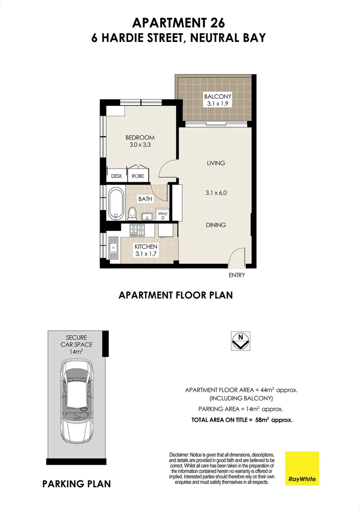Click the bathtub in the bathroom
(x=116, y=203)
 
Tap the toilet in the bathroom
(x=132, y=214)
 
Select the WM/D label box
(x=163, y=215)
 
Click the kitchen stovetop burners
(x=137, y=230)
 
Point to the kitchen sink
(x=113, y=247)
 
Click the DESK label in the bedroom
(x=116, y=176)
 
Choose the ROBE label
(x=138, y=176)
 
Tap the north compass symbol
(x=241, y=340)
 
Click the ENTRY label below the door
(x=237, y=275)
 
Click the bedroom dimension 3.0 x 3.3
(x=140, y=145)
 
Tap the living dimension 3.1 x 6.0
(x=215, y=193)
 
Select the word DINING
(x=215, y=225)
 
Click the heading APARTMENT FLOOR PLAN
(x=176, y=296)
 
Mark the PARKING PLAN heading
(x=77, y=484)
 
